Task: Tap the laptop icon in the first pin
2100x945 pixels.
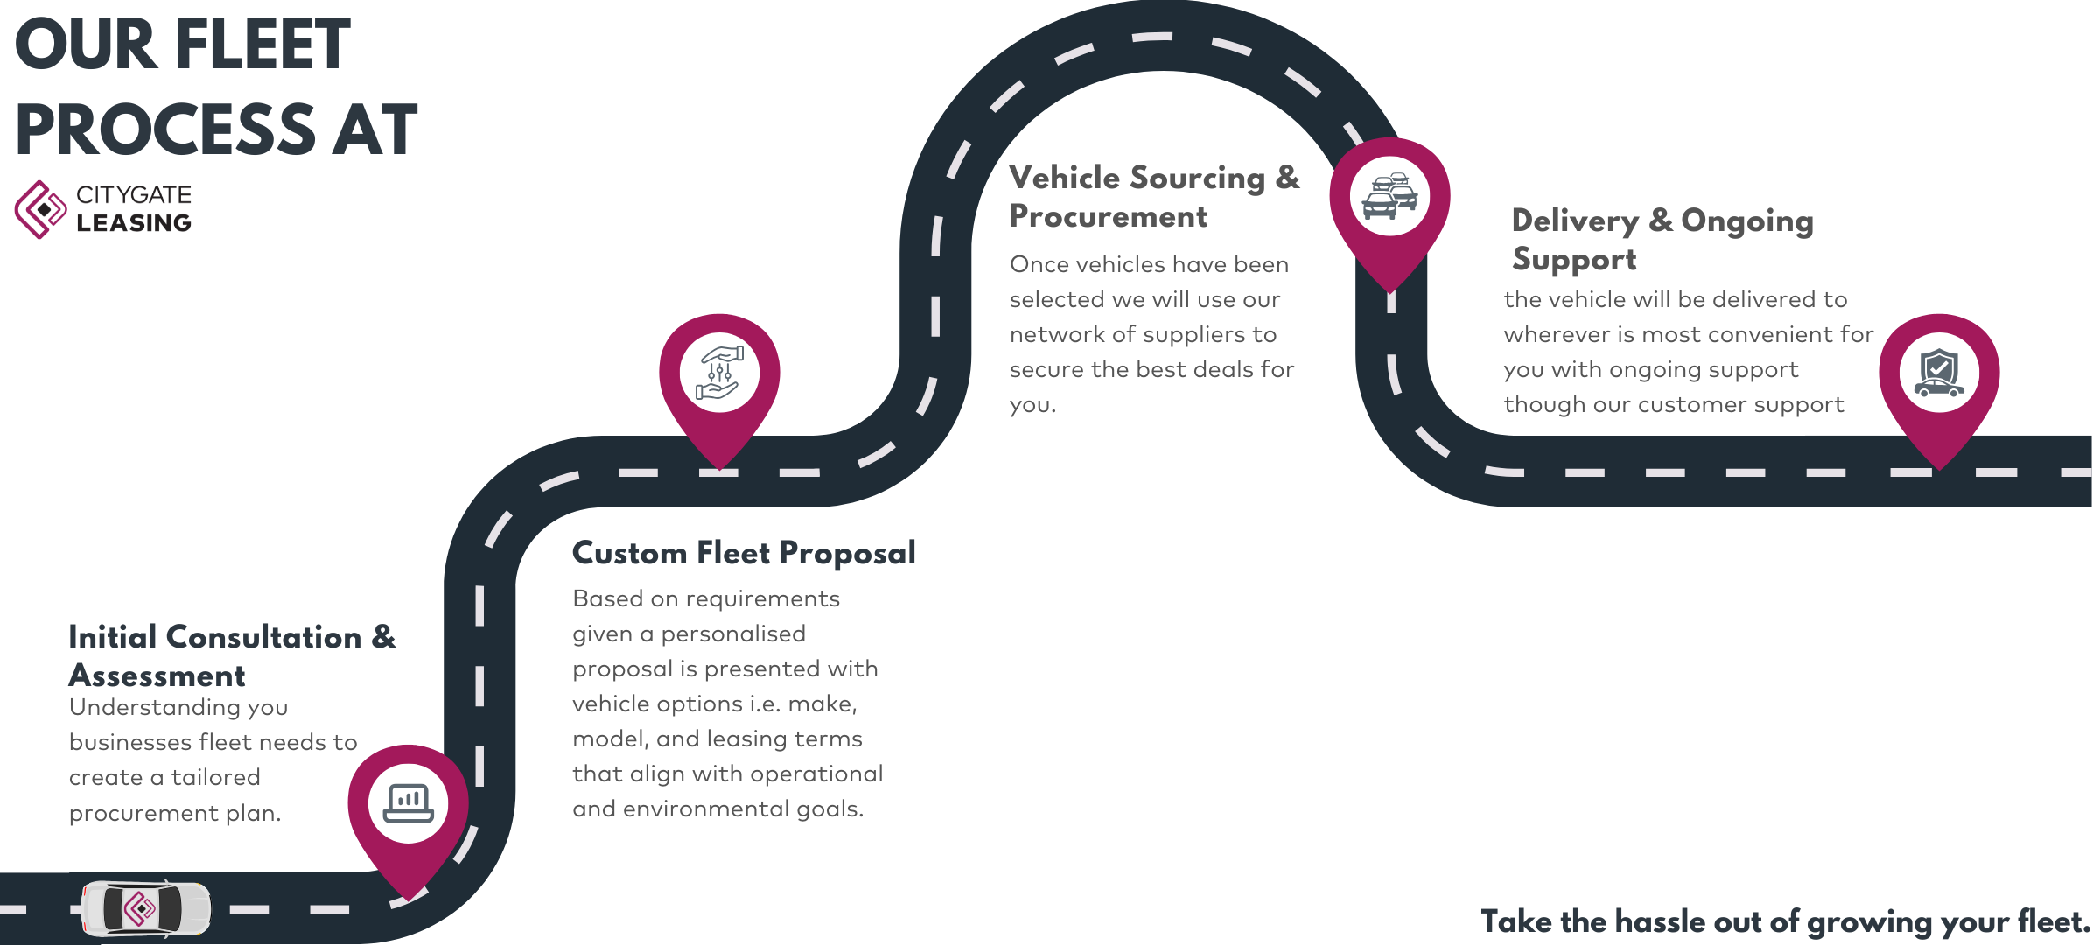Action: click(408, 802)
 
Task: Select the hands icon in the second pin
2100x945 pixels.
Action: click(719, 373)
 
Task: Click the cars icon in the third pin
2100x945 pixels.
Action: click(1389, 196)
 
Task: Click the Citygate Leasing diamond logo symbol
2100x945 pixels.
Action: click(40, 209)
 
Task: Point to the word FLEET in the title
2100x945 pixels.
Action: click(262, 45)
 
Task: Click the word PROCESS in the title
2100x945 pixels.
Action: click(164, 129)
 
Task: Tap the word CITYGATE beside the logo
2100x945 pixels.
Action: click(134, 195)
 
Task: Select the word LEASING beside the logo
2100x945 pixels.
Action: click(134, 223)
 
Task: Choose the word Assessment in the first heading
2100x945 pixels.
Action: click(157, 675)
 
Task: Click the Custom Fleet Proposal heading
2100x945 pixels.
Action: click(744, 553)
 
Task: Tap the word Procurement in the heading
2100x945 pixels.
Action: click(1108, 217)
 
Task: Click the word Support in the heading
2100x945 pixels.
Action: click(1574, 260)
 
